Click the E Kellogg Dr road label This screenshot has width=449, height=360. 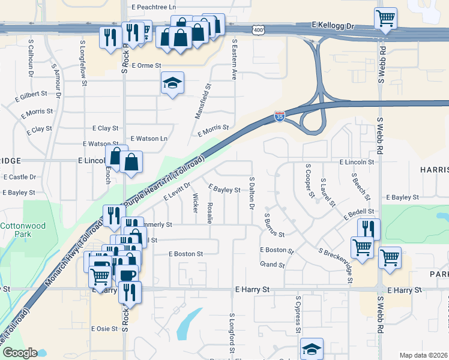(x=334, y=26)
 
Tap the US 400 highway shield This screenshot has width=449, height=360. (x=258, y=29)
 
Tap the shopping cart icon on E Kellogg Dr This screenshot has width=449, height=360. (x=385, y=17)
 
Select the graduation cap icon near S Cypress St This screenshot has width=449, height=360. (x=312, y=349)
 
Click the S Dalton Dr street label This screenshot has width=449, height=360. (x=252, y=194)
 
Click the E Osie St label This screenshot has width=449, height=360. (x=104, y=329)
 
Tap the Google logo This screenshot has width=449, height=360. (x=19, y=353)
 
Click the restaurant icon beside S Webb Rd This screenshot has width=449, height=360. (x=369, y=229)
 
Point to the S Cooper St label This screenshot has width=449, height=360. (x=309, y=180)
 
